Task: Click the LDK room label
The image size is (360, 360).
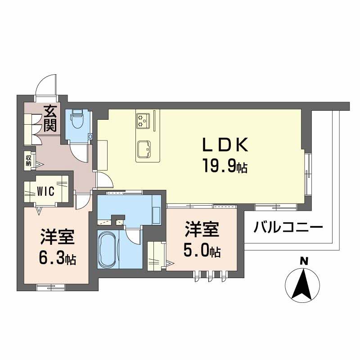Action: click(x=225, y=145)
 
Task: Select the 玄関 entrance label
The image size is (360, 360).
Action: click(x=49, y=117)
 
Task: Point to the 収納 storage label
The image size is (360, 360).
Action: click(x=28, y=160)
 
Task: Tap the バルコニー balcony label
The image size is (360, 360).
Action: click(x=288, y=226)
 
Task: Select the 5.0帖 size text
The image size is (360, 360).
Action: click(x=201, y=251)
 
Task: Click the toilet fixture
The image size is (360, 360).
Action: click(x=77, y=120)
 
